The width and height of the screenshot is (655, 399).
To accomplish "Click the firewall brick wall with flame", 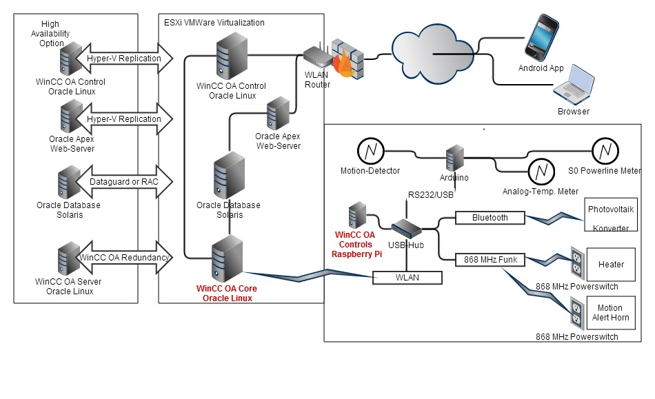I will tap(345, 57).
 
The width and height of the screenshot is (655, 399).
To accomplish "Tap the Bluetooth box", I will tap(490, 218).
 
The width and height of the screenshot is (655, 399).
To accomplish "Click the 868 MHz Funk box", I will tap(490, 259).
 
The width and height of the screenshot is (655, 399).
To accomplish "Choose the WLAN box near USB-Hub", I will tap(407, 278).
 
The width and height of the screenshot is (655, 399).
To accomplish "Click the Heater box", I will tap(610, 265).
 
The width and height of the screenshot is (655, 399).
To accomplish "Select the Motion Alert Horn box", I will tap(610, 313).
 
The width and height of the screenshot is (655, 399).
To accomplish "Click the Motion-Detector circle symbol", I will tap(370, 151).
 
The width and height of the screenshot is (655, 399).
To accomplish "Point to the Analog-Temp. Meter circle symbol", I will tap(541, 170).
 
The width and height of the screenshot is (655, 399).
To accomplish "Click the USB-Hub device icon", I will tap(405, 229).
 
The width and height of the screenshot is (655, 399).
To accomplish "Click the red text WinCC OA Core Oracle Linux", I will tap(224, 293).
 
